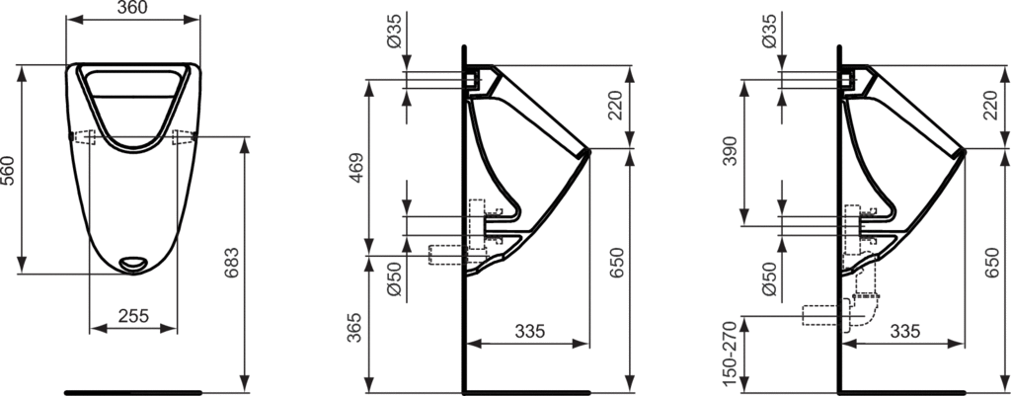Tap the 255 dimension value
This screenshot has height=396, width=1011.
click(133, 316)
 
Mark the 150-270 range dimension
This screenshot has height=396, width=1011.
click(732, 352)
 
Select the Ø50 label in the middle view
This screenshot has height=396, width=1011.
click(393, 281)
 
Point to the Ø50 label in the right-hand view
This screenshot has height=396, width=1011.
click(767, 281)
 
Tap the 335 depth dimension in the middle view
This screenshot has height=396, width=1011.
click(528, 333)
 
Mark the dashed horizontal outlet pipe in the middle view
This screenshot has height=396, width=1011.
click(443, 255)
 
